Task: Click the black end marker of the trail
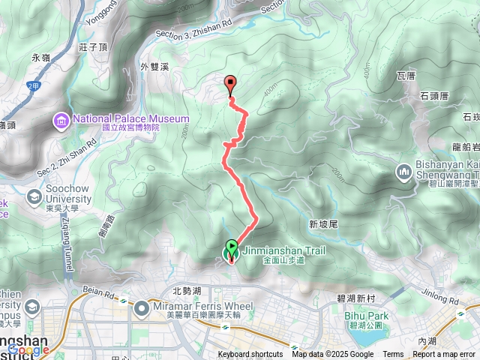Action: pos(230,85)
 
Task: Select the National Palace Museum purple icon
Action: pos(61,120)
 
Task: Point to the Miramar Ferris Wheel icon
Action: pos(142,308)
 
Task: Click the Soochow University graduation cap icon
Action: pos(33,196)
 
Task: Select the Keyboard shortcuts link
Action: pos(250,355)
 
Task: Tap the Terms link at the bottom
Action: pos(393,355)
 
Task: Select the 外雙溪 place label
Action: pos(154,66)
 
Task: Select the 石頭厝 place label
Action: pos(434,96)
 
